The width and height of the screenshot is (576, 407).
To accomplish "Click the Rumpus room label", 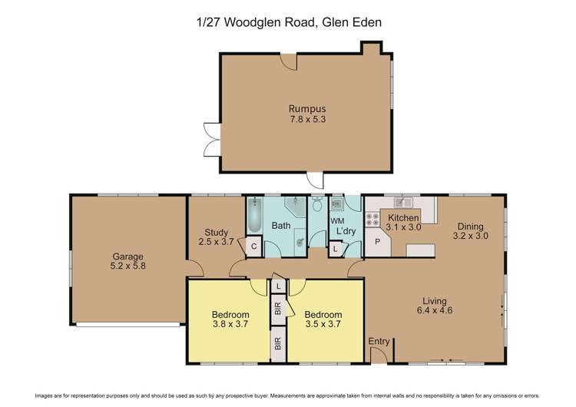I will pos(302,108).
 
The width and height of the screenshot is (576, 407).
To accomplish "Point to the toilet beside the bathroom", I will pos(317,205).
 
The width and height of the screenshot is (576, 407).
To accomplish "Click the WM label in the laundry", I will pos(336,221).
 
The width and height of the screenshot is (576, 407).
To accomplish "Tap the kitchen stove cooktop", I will pos(373,220).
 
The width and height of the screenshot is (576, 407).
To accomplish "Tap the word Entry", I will pos(379,342).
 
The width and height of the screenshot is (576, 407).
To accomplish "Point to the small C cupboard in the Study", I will pos(253,246).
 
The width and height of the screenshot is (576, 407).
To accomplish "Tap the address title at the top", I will pos(289,23).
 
